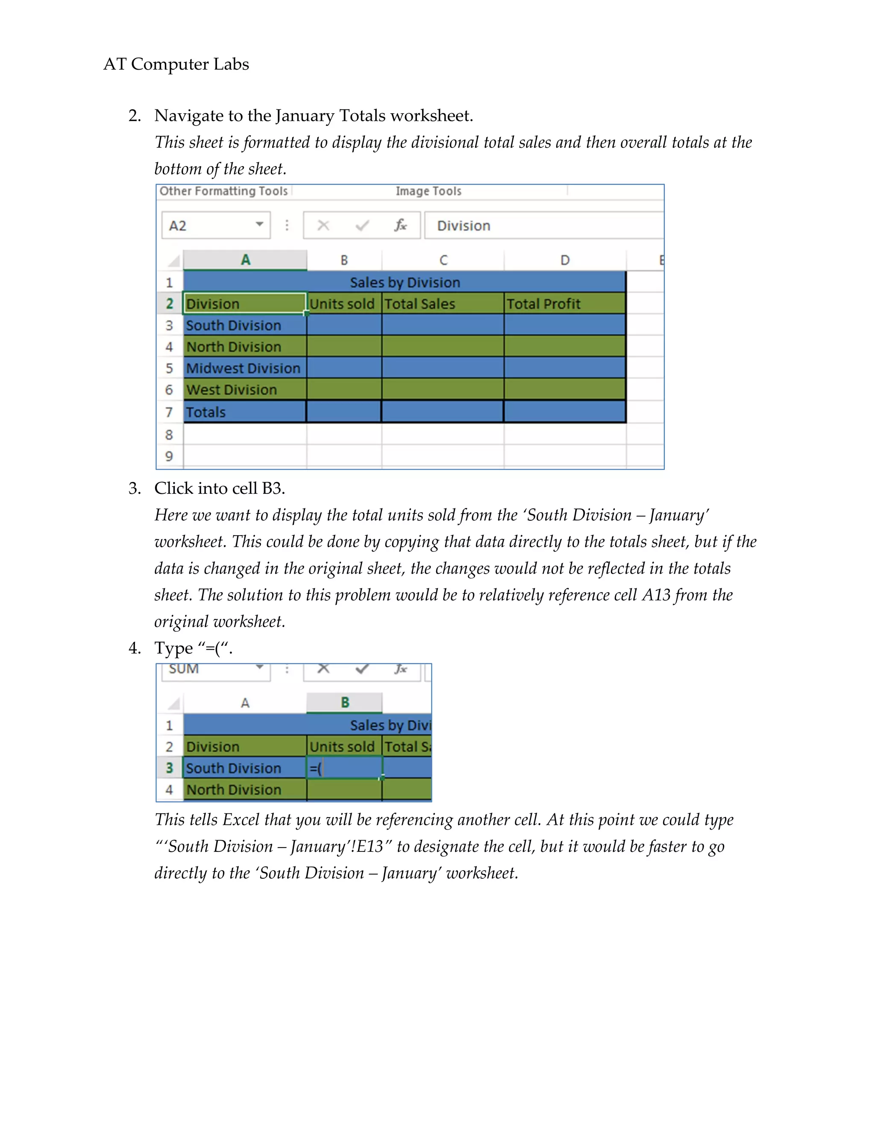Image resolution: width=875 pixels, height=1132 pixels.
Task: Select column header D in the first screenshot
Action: [564, 260]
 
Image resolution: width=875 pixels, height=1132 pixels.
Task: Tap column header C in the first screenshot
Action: [443, 260]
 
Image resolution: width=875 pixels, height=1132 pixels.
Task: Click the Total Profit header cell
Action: [564, 304]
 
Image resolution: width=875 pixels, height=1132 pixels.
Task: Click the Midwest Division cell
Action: [244, 368]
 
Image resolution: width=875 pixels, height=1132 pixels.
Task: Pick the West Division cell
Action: [232, 390]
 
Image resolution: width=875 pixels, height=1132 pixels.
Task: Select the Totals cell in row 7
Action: [206, 412]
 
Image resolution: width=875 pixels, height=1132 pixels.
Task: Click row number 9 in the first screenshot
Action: [169, 456]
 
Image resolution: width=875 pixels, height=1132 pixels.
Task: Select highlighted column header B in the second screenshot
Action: [345, 702]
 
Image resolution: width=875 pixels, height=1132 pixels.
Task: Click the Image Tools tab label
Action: [428, 191]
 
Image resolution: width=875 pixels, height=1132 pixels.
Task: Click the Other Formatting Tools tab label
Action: [223, 191]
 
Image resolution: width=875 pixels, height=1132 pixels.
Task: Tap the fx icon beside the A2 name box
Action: [400, 225]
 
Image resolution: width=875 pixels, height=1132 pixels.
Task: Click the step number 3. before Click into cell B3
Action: [134, 488]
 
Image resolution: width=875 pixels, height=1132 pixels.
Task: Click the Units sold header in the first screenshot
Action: [342, 304]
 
